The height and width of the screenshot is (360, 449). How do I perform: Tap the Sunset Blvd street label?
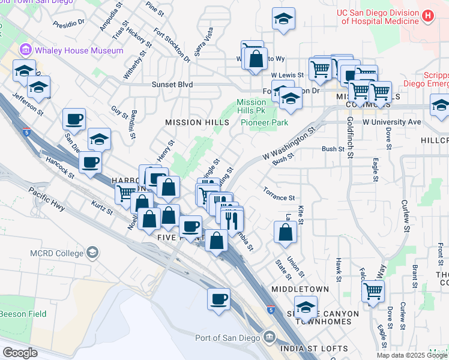pos(172,85)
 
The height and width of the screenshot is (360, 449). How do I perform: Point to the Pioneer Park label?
pos(264,122)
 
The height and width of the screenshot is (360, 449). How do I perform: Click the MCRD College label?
pos(57,253)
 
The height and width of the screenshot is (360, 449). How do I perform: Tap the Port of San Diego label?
pos(228,338)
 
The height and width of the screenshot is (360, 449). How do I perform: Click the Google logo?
pos(20,352)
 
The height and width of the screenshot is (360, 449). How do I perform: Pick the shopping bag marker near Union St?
pos(285,231)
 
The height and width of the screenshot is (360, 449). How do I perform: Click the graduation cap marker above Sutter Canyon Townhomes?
pos(306,308)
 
